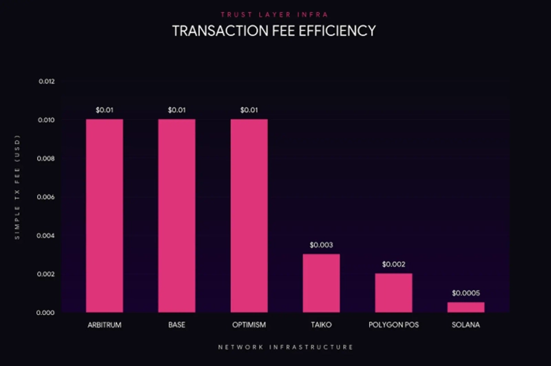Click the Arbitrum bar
(105, 216)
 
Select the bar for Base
(177, 216)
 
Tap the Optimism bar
(249, 216)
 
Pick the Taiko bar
(322, 283)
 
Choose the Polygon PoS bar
(394, 293)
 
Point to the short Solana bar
(466, 307)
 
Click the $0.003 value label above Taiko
(322, 245)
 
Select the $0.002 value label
(394, 264)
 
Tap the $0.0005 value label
(466, 293)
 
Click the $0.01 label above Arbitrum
(105, 110)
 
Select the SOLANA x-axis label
(466, 325)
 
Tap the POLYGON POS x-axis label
(394, 325)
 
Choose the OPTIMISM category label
(249, 325)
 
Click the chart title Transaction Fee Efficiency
(273, 31)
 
